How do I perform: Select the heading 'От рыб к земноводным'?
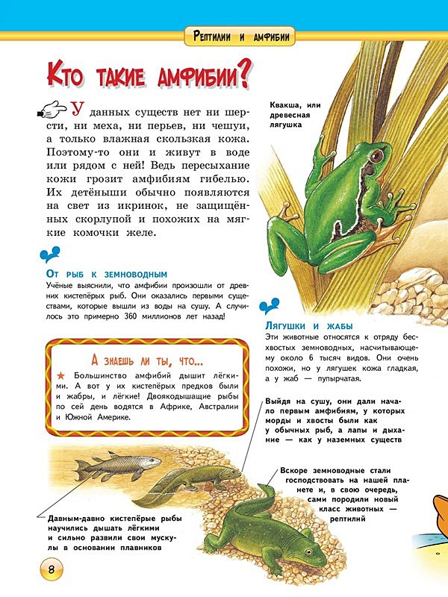pyautogui.click(x=106, y=274)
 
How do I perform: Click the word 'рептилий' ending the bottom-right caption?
pyautogui.click(x=346, y=519)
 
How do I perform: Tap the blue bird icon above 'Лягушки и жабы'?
pyautogui.click(x=270, y=307)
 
